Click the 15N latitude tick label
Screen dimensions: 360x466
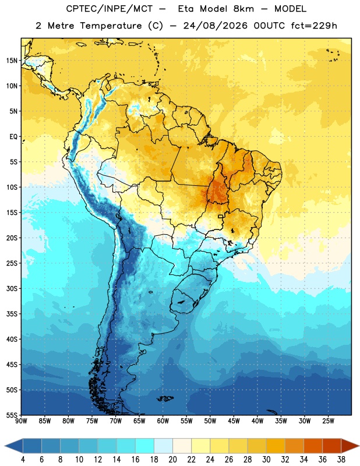[12, 61]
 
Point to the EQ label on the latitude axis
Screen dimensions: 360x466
[13, 137]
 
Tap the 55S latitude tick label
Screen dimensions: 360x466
[12, 415]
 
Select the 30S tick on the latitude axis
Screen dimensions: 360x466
[12, 288]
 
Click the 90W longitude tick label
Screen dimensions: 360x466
[21, 421]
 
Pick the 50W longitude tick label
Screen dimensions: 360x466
[210, 421]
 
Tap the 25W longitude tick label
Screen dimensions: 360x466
[328, 421]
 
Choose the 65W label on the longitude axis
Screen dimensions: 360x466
[139, 421]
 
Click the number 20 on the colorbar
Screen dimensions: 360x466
[172, 460]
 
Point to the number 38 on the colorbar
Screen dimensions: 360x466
[341, 460]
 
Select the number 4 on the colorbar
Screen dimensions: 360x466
[23, 460]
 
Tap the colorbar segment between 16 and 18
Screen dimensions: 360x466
[145, 446]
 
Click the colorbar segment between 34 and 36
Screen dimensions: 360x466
[313, 446]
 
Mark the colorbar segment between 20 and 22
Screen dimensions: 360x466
[182, 446]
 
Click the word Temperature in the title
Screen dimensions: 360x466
[111, 26]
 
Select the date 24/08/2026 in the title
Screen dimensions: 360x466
[215, 26]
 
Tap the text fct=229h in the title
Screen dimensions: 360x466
[314, 26]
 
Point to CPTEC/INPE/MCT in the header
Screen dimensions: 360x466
[109, 9]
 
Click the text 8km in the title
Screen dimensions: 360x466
[243, 9]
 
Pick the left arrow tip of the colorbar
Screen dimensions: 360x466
[5, 446]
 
